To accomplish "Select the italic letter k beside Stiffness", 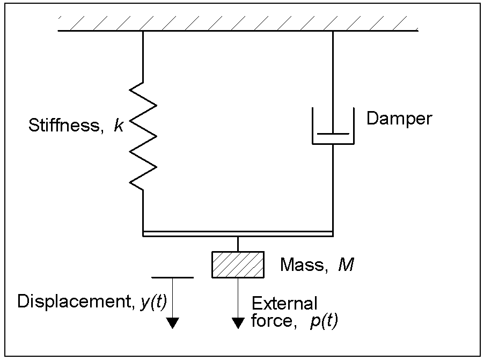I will tap(118, 126).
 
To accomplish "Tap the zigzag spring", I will tap(143, 134).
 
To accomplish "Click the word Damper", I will tap(399, 118).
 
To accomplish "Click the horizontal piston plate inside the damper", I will tap(333, 133).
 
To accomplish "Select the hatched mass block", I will tap(238, 265).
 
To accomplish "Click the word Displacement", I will tap(71, 302).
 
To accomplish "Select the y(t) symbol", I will tap(153, 302).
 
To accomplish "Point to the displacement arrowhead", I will tap(172, 322).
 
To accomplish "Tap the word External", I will tap(284, 304).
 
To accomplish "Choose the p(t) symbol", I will tap(324, 321).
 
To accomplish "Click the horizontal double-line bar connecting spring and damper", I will tap(238, 233).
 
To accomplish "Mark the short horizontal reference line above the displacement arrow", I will tap(172, 277).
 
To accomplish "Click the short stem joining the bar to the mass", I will tap(238, 244).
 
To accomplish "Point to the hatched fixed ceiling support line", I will tap(238, 30).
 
